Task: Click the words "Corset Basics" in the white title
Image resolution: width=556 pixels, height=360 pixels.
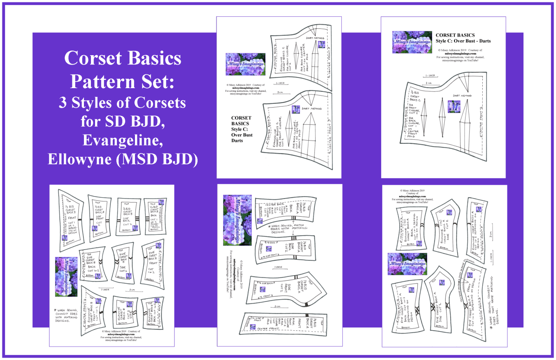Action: [123, 59]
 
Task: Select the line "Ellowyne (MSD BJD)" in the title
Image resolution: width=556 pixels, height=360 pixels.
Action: [123, 159]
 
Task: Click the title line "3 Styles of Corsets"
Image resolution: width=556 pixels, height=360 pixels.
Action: [123, 103]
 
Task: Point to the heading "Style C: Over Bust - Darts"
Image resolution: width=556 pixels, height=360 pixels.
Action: [463, 41]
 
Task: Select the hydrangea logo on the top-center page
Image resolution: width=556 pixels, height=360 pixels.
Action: [245, 64]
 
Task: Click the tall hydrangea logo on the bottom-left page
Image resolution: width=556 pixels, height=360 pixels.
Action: [66, 276]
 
